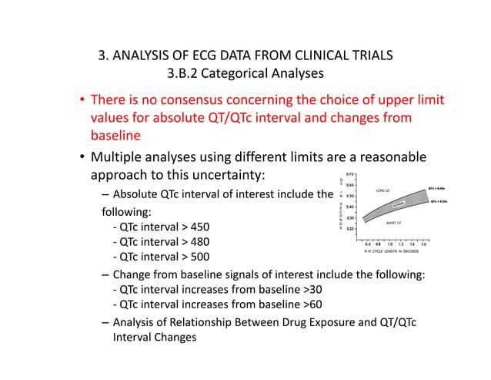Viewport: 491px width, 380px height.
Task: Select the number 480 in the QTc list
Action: pos(196,242)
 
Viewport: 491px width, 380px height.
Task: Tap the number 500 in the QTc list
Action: pos(196,257)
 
